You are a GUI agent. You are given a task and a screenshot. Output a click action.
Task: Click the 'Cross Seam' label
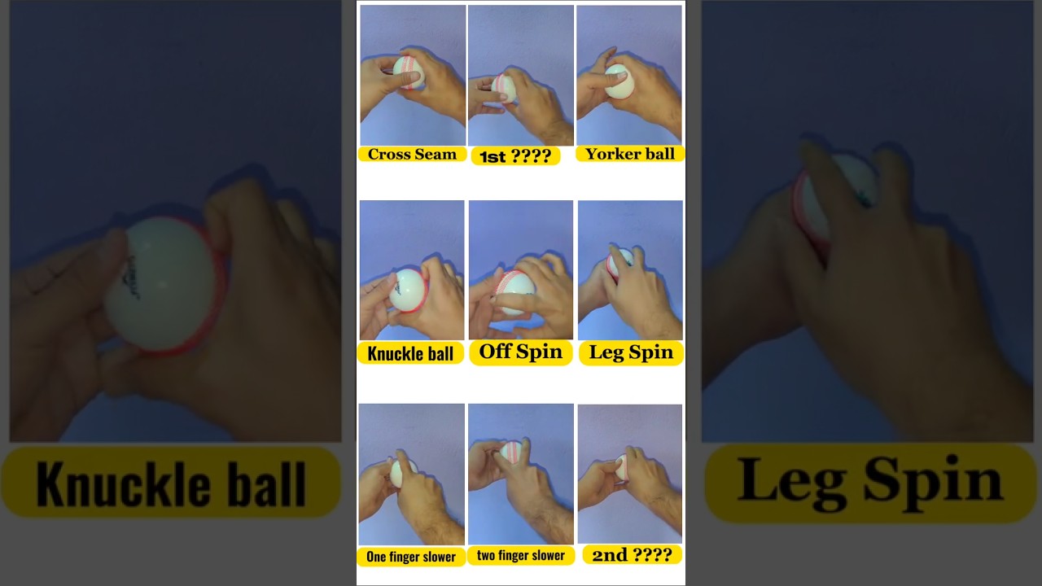[412, 154]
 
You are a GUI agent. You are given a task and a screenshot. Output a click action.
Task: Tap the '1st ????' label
[515, 156]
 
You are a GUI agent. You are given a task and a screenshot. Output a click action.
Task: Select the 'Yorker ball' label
[630, 154]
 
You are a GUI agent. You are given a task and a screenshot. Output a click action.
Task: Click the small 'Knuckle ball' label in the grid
[410, 353]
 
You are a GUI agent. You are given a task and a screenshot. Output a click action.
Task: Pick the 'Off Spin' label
[521, 352]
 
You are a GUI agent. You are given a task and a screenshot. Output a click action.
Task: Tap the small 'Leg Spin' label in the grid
[631, 352]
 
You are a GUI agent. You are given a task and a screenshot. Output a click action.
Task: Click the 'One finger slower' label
[411, 557]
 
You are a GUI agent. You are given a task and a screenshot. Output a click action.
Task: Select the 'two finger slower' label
[521, 555]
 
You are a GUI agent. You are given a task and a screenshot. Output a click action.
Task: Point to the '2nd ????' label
[632, 555]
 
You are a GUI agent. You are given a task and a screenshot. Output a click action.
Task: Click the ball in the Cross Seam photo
[409, 72]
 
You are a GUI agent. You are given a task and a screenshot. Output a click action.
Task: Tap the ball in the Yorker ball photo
[620, 81]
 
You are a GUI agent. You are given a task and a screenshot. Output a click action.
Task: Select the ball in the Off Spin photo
[515, 291]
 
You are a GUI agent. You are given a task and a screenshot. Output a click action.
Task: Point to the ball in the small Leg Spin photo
[620, 263]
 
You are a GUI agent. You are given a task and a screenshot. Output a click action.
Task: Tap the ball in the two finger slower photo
[513, 452]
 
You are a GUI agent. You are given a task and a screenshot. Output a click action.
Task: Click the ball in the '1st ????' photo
[504, 88]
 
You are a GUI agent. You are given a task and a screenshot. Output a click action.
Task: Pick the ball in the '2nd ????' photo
[623, 468]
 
